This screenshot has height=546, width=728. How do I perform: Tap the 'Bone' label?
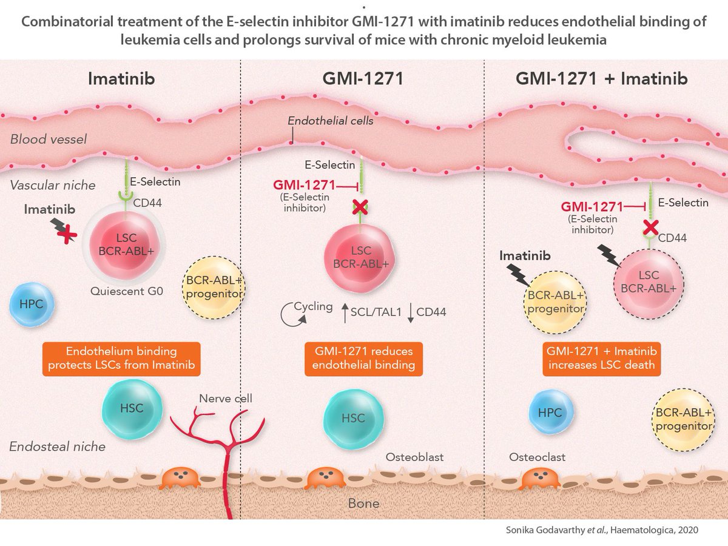[363, 503]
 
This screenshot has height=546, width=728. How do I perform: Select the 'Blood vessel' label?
[49, 140]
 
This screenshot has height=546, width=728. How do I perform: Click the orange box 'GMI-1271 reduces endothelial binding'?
[363, 358]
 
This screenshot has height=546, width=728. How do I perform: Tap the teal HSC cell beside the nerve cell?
[132, 408]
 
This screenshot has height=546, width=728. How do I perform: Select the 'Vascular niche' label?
[53, 185]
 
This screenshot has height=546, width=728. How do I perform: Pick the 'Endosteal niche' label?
[58, 447]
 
